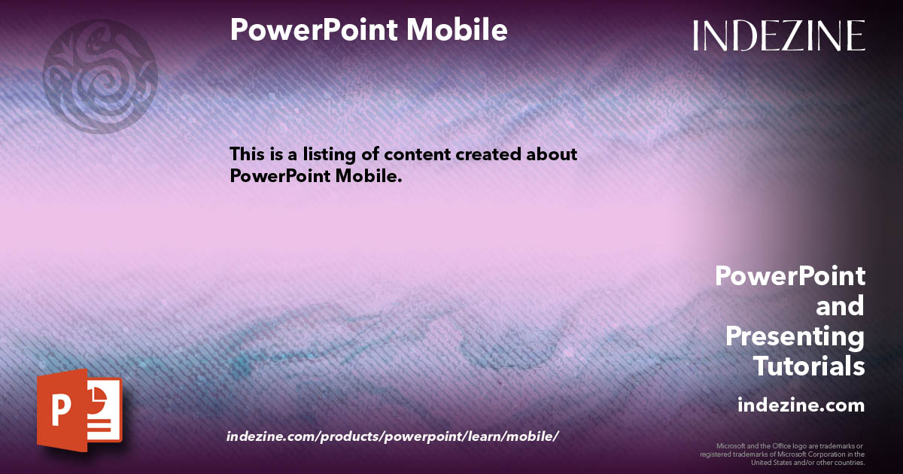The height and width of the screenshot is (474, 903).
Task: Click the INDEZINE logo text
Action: (779, 36)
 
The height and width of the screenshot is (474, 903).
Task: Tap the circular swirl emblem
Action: (100, 76)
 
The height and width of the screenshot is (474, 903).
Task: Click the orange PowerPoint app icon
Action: (79, 411)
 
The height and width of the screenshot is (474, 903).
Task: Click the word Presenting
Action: (795, 336)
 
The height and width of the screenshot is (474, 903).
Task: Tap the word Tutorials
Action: (809, 366)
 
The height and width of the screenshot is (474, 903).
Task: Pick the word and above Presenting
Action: (840, 306)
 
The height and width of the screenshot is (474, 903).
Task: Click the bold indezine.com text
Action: (801, 406)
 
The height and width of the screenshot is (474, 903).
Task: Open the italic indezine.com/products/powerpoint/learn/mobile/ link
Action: (392, 436)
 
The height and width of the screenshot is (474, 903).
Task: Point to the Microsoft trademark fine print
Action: (782, 454)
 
